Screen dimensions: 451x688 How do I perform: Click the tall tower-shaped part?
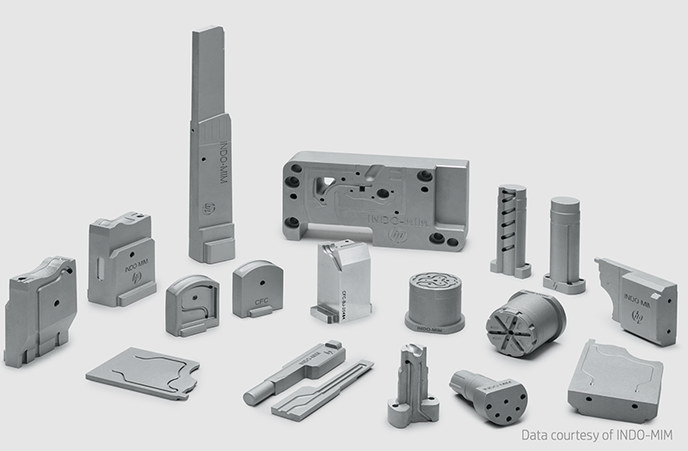pos(211,149)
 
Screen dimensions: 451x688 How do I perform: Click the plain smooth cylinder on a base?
pos(564,242)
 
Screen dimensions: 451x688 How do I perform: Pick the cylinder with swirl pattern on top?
pos(435,299)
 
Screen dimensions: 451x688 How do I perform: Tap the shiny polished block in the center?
pos(344,281)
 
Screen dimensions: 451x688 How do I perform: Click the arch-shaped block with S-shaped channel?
pos(192,305)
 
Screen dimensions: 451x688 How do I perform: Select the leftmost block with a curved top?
pos(40,309)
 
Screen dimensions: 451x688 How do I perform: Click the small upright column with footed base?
pos(412,387)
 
